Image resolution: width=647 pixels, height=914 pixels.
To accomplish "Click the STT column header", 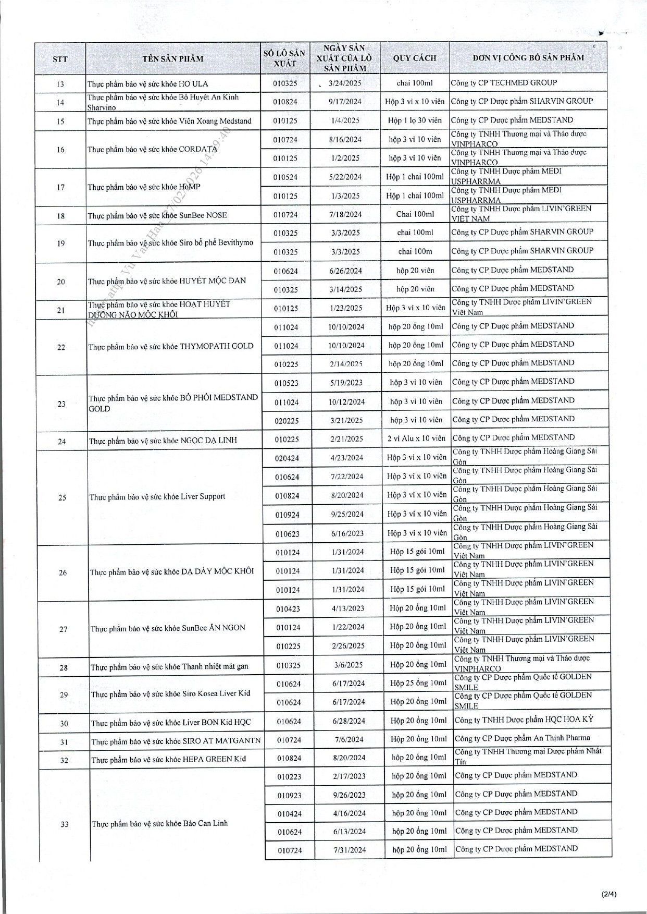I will click(x=60, y=59).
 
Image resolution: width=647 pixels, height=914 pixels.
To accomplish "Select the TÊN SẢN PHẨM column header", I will click(x=173, y=58).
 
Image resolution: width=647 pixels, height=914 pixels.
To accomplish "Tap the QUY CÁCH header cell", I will click(x=415, y=58).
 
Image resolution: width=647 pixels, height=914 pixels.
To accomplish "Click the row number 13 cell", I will click(x=60, y=84).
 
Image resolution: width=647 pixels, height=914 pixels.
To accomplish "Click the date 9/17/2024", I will click(x=345, y=102).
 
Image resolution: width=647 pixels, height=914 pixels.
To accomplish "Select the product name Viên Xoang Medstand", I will click(x=169, y=121).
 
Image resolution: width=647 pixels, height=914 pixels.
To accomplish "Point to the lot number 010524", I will click(x=285, y=177).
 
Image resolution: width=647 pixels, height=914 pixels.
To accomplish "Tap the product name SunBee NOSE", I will click(x=157, y=215).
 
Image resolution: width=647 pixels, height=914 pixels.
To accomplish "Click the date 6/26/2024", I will click(x=346, y=271).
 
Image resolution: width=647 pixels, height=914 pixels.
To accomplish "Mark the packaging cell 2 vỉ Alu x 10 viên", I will click(x=416, y=438).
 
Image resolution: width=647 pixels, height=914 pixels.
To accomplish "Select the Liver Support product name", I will click(x=157, y=496).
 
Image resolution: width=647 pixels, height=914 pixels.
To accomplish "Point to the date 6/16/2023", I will click(x=347, y=533).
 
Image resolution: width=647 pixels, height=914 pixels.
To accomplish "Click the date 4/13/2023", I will click(x=348, y=608).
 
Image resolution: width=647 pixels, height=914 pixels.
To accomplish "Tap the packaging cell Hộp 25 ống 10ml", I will click(x=418, y=683).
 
